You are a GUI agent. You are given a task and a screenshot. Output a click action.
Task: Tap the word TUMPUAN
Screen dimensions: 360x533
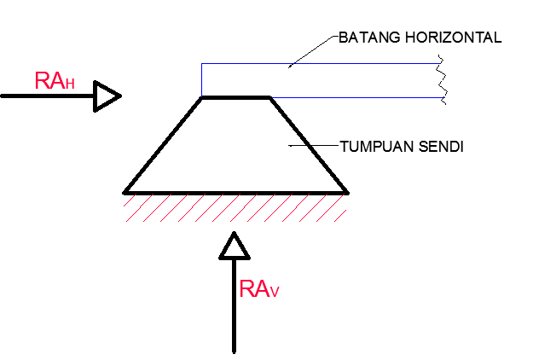click(375, 147)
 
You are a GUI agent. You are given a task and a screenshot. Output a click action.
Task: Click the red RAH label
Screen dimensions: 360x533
click(53, 81)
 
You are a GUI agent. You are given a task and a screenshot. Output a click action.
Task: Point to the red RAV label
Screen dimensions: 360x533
click(259, 289)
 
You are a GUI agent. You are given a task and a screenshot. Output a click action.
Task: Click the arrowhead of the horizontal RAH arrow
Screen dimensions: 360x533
click(107, 96)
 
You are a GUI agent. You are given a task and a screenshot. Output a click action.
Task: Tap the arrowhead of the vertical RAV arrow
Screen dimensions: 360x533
click(234, 246)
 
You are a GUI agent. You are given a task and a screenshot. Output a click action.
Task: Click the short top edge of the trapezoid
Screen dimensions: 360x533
click(235, 98)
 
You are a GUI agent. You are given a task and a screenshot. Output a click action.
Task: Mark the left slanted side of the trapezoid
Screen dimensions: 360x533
click(163, 145)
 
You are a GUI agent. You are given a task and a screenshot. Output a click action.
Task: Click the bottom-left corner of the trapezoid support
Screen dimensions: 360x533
click(125, 191)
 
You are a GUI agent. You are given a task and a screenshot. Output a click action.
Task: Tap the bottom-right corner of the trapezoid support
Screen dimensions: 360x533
click(346, 191)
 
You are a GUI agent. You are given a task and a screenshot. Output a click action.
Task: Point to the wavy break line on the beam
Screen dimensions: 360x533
click(442, 79)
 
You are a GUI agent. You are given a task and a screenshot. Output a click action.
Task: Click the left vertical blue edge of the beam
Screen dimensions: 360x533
click(201, 79)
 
